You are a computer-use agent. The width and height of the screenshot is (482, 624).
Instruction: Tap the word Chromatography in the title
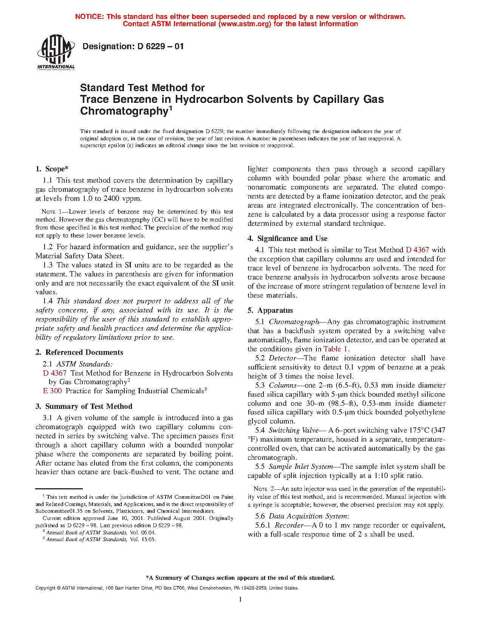pyautogui.click(x=124, y=111)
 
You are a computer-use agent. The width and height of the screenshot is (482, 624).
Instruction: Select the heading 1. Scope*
pyautogui.click(x=52, y=169)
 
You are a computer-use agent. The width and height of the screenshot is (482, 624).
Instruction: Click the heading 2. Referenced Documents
pyautogui.click(x=79, y=352)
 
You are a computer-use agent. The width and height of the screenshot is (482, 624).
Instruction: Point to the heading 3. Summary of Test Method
pyautogui.click(x=84, y=406)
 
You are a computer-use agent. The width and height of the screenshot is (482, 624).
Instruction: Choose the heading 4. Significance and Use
pyautogui.click(x=288, y=238)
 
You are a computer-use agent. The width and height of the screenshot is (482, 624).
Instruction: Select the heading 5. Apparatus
pyautogui.click(x=270, y=310)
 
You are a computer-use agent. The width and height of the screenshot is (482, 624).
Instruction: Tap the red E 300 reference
pyautogui.click(x=53, y=391)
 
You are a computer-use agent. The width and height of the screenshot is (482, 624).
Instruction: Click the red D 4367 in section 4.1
pyautogui.click(x=417, y=250)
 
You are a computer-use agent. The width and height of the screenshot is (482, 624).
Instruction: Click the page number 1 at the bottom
pyautogui.click(x=240, y=599)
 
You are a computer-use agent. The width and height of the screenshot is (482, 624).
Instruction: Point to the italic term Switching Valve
pyautogui.click(x=284, y=430)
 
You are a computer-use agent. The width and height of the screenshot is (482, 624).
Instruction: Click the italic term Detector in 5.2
pyautogui.click(x=282, y=358)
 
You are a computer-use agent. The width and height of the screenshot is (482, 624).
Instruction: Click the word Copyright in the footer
pyautogui.click(x=45, y=588)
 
